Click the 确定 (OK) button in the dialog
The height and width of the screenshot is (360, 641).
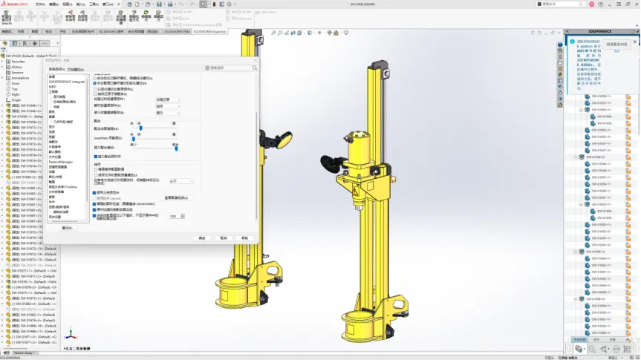202,238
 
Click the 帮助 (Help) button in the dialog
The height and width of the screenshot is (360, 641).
244,238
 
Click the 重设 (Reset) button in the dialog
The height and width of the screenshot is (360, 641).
68,228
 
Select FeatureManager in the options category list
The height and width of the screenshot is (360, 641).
60,161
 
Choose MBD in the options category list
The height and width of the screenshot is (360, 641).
53,87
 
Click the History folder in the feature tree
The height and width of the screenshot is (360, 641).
17,67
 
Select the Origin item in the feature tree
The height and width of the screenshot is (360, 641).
16,99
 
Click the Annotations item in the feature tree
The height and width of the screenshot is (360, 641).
20,78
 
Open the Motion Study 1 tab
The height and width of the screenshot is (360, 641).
27,353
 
